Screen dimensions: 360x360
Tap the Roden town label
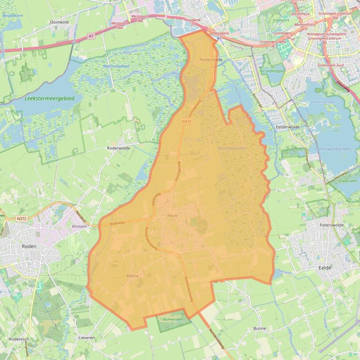pos(29,246)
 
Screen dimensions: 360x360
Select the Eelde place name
pos(324,268)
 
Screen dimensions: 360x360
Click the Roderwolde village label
pos(118,147)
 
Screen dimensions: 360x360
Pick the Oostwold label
pos(59,22)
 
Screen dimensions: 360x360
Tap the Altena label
pos(132,276)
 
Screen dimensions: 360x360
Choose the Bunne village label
pos(259,328)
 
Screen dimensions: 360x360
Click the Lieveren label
pos(87,337)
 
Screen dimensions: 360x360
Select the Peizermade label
pos(211,60)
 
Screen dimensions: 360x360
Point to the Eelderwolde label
pos(287,126)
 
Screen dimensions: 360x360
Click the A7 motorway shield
pos(91,36)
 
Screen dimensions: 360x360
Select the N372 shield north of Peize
pos(187,121)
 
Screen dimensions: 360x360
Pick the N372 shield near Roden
pos(21,218)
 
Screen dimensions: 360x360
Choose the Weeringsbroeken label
pos(232,148)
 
